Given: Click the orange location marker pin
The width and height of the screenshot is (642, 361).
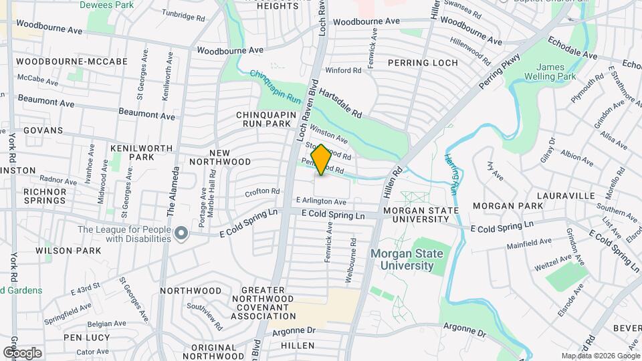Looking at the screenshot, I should pyautogui.click(x=321, y=160).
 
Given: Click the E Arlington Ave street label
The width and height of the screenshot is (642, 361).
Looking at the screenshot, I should pyautogui.click(x=321, y=201).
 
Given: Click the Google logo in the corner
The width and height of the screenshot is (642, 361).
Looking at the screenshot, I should pyautogui.click(x=22, y=352).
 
